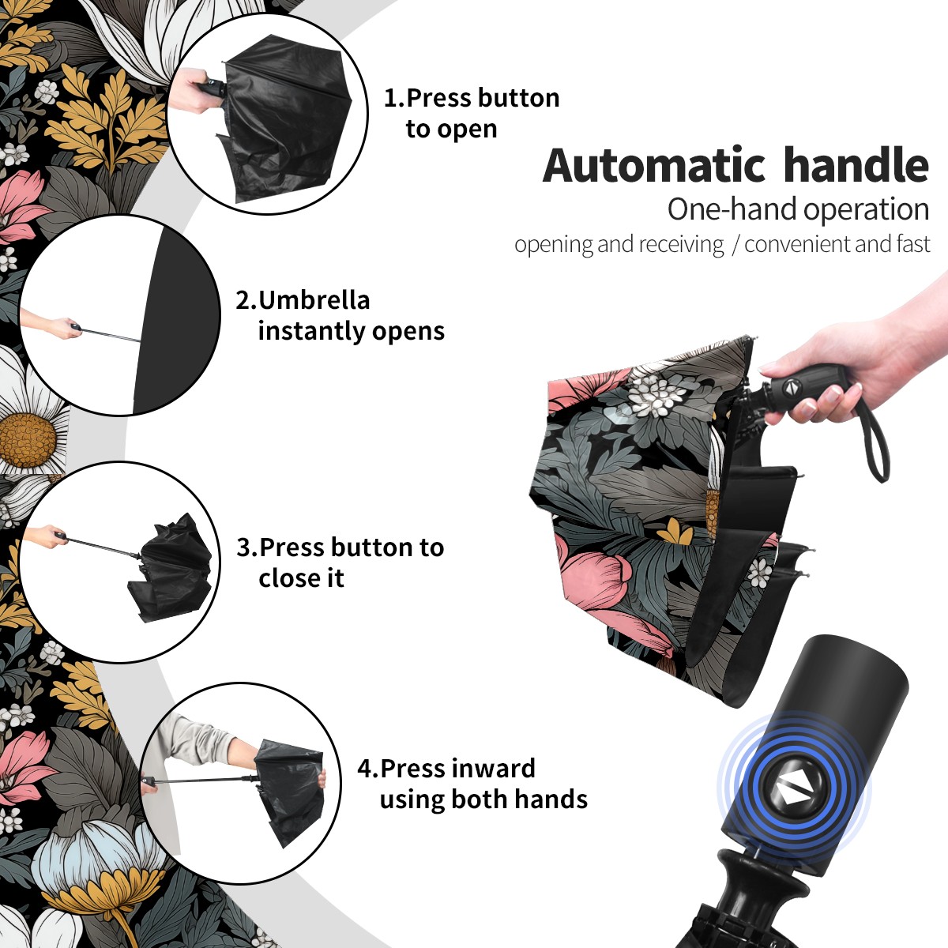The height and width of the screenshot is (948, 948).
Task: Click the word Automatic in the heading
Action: [x=654, y=166]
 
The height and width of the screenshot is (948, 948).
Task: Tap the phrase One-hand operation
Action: [x=798, y=209]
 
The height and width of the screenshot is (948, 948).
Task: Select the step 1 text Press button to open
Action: [x=472, y=114]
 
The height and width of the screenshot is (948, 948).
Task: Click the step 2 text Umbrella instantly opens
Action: [x=340, y=315]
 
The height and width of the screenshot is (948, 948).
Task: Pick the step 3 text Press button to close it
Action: [x=340, y=562]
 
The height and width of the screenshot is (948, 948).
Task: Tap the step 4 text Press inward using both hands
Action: [x=472, y=784]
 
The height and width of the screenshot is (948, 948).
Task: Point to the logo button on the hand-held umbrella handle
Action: [x=791, y=387]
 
